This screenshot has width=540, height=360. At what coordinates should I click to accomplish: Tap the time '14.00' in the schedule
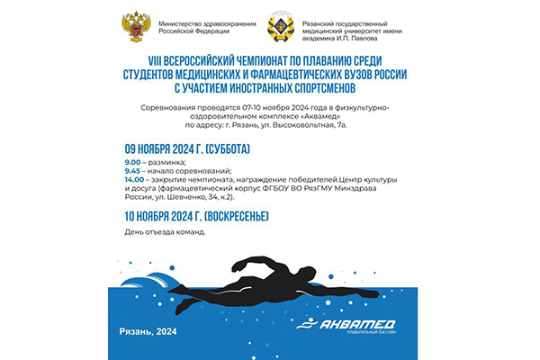137,179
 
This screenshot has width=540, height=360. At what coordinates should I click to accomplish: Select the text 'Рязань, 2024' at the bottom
148,331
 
